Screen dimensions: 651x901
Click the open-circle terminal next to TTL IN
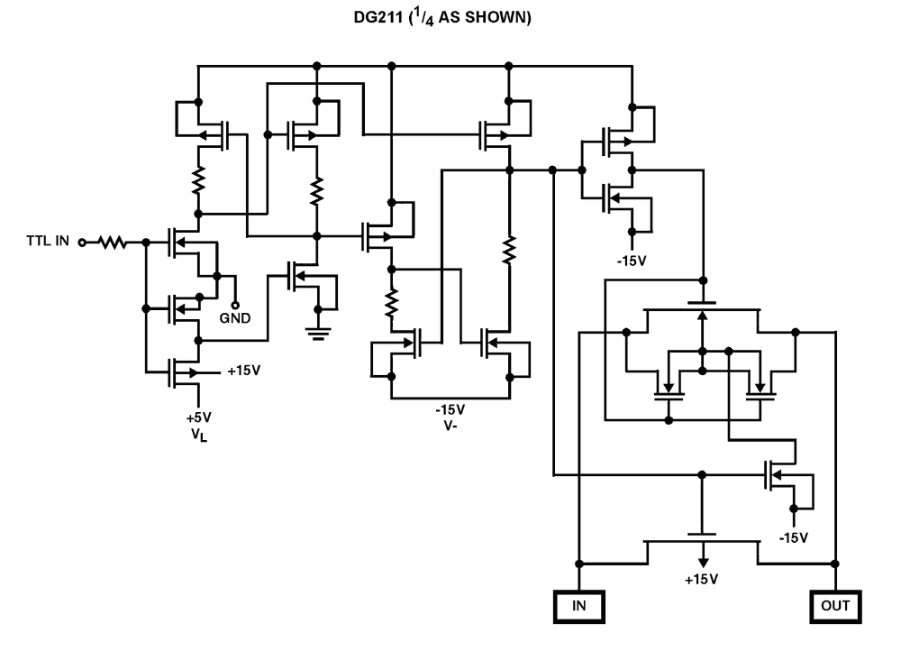point(82,242)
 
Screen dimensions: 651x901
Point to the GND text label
point(236,317)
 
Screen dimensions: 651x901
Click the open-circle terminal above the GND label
point(236,303)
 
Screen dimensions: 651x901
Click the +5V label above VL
point(197,417)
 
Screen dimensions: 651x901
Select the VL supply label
point(197,436)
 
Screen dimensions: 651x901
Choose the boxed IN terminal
point(579,605)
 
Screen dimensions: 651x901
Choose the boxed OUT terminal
point(837,605)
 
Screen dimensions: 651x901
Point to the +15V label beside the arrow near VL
point(244,371)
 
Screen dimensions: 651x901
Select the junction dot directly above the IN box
point(579,564)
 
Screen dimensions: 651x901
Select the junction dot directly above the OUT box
point(837,564)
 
